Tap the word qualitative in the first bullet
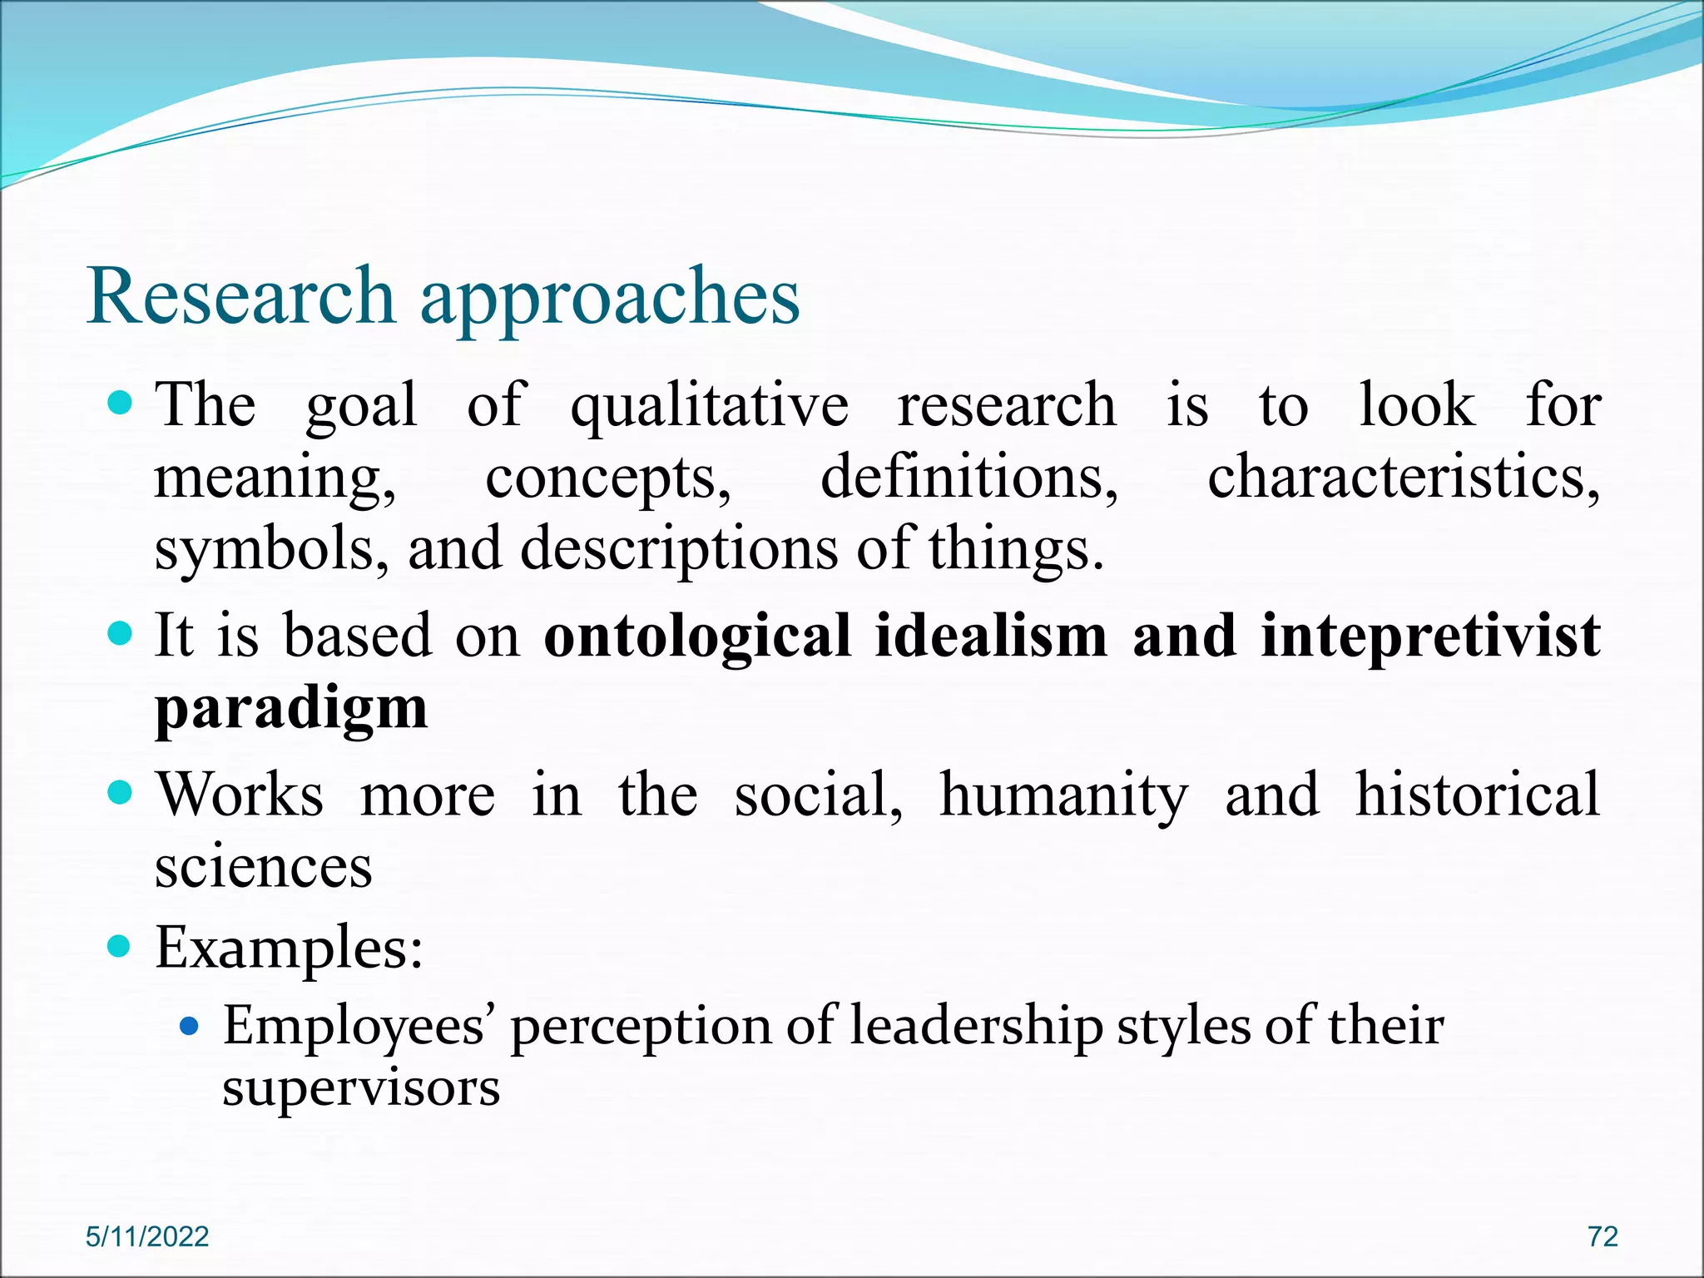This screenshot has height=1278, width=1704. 709,406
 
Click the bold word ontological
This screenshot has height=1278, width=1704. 698,636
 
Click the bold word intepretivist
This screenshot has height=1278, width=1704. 1430,636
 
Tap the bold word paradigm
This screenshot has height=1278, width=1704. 291,709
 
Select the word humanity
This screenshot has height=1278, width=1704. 1064,795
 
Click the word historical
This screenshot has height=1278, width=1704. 1478,795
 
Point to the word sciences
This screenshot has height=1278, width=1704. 264,867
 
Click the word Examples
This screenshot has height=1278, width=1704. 289,949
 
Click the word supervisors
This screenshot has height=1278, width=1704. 361,1087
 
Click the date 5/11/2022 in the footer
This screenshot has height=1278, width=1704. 147,1236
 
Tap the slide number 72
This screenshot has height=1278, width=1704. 1602,1236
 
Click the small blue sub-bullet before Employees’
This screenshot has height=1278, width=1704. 190,1027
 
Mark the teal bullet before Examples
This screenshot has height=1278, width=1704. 121,946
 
